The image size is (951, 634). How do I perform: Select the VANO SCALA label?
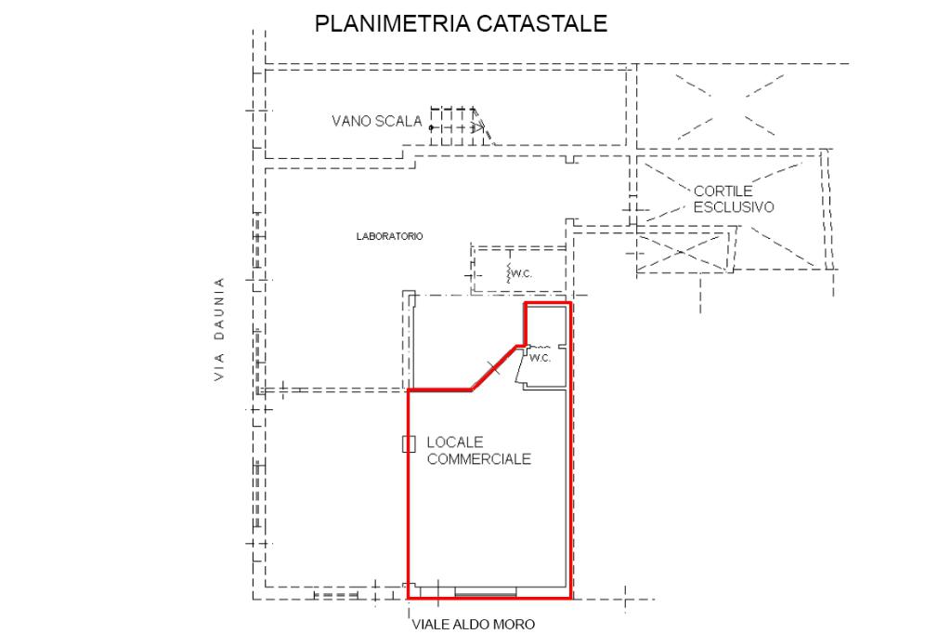tap(376, 121)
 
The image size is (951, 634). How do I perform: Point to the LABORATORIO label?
tap(389, 236)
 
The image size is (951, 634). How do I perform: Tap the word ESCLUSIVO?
tap(733, 207)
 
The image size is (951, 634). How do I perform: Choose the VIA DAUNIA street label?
tap(220, 329)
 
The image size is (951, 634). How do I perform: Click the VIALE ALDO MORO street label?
tap(474, 625)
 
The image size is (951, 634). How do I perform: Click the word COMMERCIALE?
tap(478, 458)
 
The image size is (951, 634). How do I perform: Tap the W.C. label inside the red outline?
tap(541, 358)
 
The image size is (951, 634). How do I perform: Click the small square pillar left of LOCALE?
tap(409, 444)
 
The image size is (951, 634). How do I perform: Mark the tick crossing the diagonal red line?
tap(494, 368)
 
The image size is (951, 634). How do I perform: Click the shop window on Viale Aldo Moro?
tap(491, 592)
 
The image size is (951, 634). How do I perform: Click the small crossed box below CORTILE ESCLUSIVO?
tap(684, 251)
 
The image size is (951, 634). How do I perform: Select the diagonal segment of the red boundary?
tap(493, 368)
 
